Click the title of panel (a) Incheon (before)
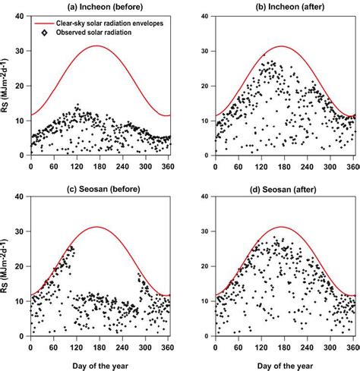tap(100, 7)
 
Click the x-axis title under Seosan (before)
tap(100, 363)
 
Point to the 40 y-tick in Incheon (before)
tap(22, 16)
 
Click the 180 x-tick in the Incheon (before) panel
tap(100, 165)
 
